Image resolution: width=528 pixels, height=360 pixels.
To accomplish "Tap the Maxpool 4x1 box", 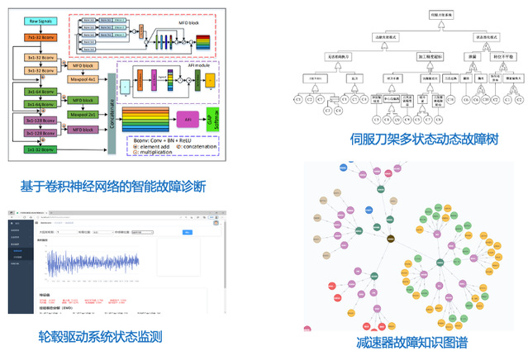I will point(83,78).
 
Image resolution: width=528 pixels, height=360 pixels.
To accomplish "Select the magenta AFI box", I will point(187,119).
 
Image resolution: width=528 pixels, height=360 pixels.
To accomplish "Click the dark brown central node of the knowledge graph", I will point(392,239).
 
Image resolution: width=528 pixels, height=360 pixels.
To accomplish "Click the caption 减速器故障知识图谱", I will point(411,342).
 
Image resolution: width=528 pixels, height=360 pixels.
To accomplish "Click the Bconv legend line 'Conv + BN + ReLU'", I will point(169,140).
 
